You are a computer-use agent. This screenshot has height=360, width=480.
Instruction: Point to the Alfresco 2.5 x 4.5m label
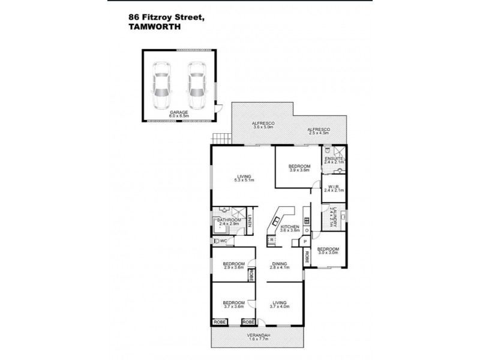318,131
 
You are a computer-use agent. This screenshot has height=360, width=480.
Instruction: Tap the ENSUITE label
334,159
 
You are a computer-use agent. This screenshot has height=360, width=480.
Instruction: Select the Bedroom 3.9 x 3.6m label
299,168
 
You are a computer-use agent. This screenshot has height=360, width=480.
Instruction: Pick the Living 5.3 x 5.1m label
244,178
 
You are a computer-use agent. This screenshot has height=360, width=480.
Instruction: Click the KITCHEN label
289,228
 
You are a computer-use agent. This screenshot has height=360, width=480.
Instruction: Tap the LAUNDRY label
332,218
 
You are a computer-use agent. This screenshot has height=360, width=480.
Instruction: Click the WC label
223,241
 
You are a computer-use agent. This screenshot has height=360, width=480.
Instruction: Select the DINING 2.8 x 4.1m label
280,265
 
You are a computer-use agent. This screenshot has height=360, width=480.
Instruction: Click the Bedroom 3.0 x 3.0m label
328,251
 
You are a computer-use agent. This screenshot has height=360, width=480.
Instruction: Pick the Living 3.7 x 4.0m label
280,304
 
